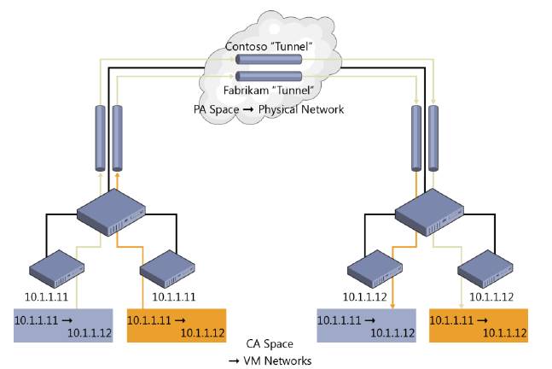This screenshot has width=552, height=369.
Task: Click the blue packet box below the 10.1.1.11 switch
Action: pyautogui.click(x=62, y=325)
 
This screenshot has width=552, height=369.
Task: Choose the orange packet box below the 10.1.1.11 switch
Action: pyautogui.click(x=175, y=325)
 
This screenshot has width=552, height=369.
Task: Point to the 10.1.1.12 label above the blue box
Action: pyautogui.click(x=368, y=296)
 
